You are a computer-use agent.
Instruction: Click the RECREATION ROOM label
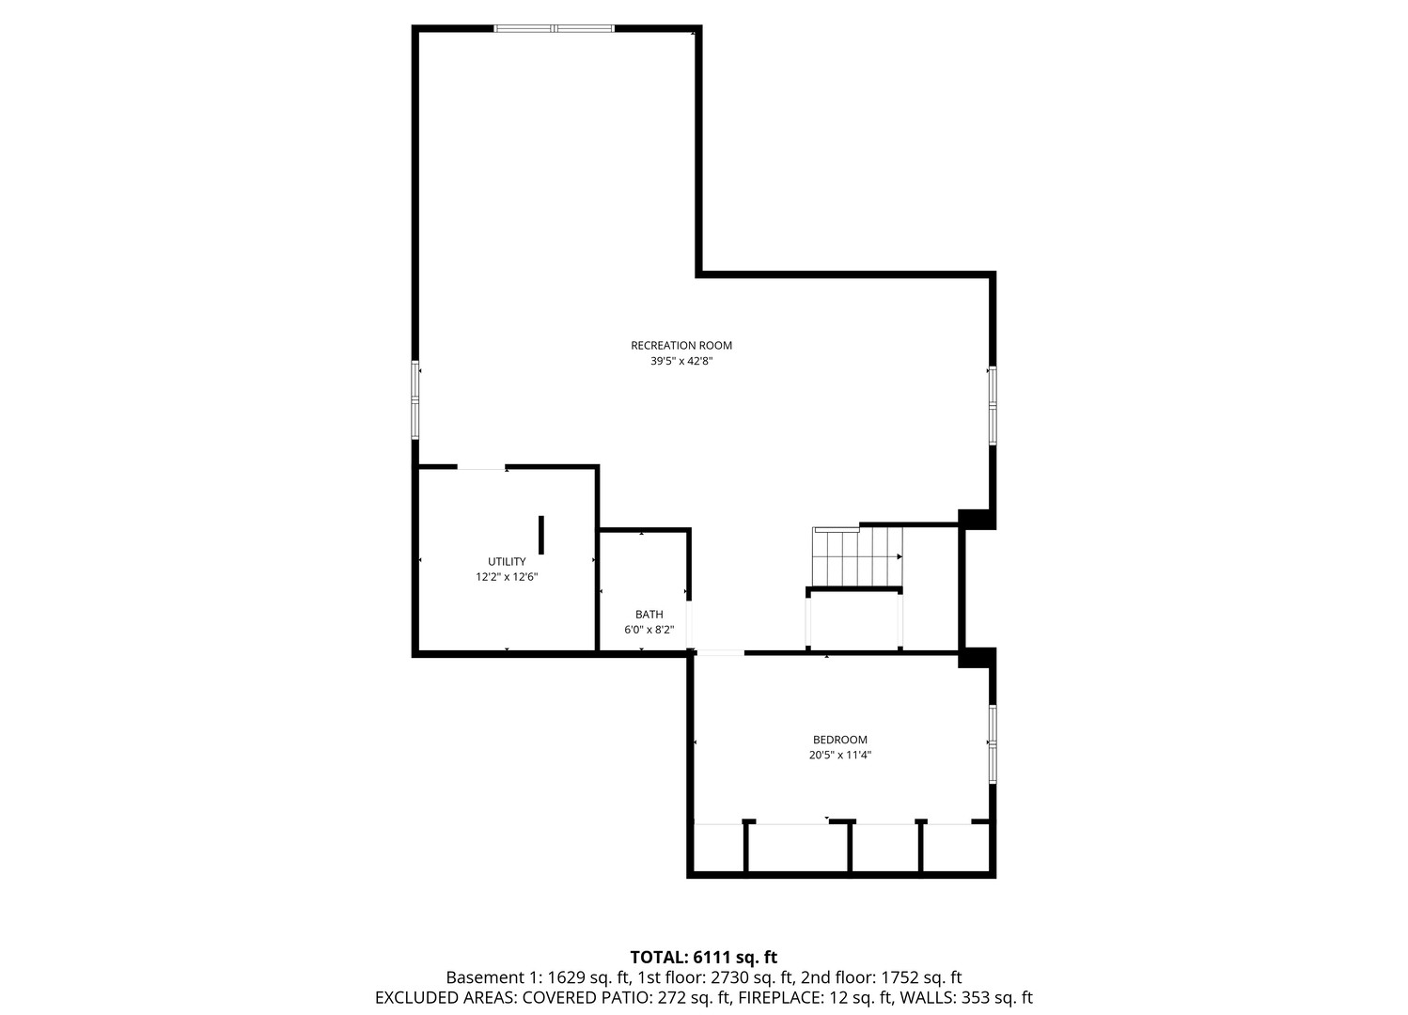coord(681,345)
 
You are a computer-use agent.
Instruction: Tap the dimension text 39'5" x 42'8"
coord(681,361)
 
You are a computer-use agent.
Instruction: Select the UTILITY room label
coord(507,561)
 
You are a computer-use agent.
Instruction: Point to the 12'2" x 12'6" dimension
coord(507,577)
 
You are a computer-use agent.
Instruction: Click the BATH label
coord(649,615)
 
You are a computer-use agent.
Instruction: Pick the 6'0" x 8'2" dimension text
coord(649,630)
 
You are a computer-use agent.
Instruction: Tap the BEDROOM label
coord(839,740)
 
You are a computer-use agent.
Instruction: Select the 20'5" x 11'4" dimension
coord(839,755)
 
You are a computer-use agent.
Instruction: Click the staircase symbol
coord(857,556)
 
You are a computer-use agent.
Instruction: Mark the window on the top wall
coord(555,28)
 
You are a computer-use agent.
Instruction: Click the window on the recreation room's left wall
coord(415,399)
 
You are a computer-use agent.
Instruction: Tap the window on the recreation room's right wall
coord(992,405)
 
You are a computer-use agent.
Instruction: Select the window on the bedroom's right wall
coord(992,744)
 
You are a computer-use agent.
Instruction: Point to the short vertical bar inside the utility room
coord(541,534)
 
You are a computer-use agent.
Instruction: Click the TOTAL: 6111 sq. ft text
coord(703,958)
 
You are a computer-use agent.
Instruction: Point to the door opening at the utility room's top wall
coord(480,467)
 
